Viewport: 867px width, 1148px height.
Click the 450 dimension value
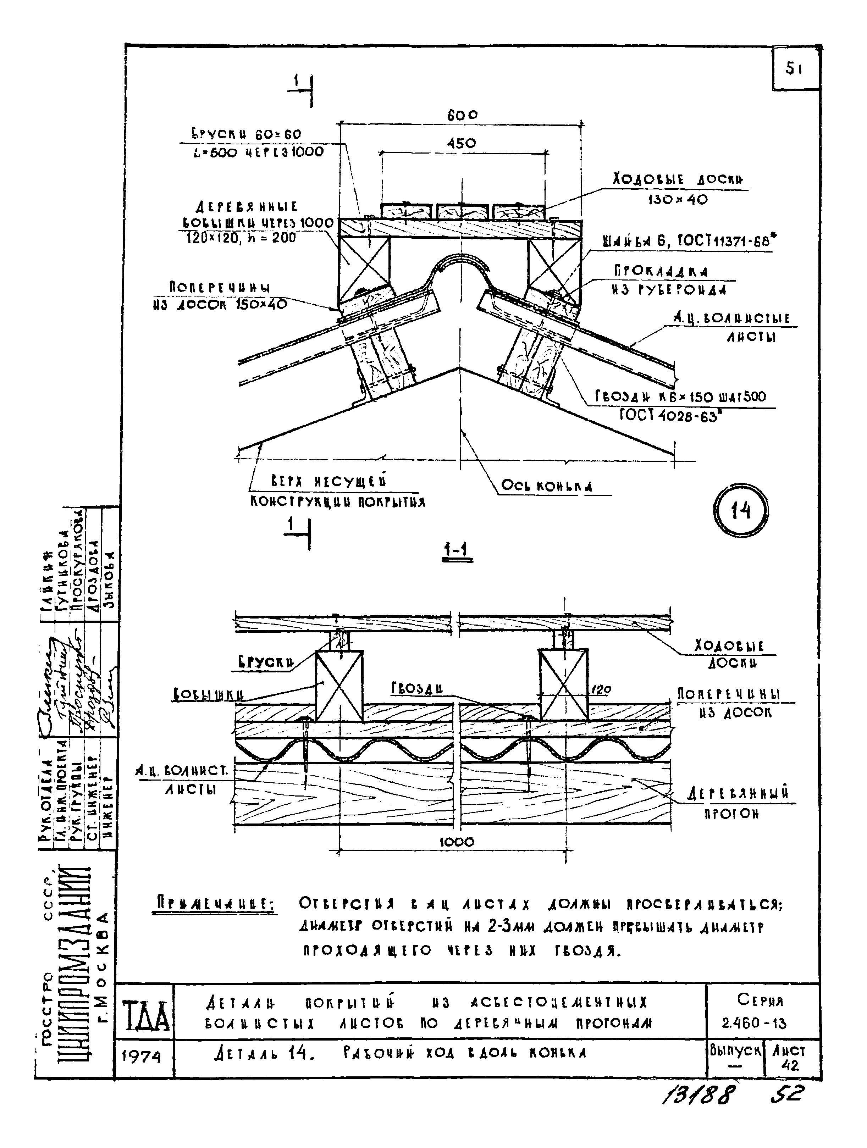click(x=461, y=143)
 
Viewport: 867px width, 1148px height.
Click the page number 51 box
click(x=794, y=68)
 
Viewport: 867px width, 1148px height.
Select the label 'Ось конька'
click(x=546, y=486)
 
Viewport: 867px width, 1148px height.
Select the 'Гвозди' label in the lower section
click(x=417, y=688)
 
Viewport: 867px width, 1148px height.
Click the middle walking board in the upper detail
click(x=462, y=212)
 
